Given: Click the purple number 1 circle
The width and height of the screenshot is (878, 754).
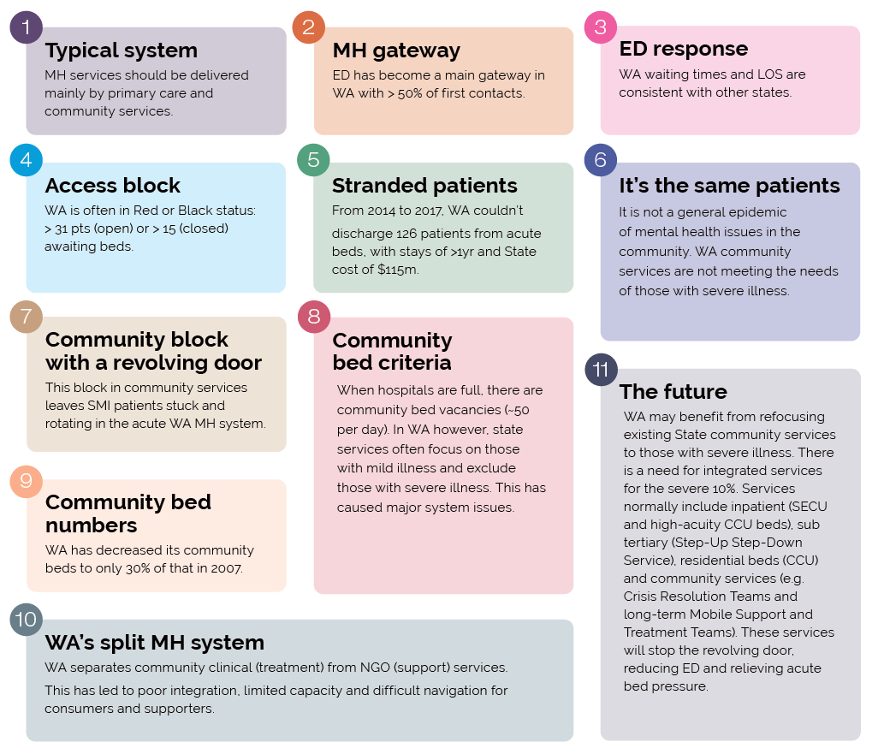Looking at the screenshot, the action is coord(27,27).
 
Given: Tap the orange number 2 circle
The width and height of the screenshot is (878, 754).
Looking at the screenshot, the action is coord(309,27).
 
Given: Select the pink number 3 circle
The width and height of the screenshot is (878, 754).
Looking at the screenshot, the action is coord(600,27).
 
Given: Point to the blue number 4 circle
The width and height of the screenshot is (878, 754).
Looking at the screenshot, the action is coord(27,160).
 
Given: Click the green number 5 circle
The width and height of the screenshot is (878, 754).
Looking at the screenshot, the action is coord(313,160).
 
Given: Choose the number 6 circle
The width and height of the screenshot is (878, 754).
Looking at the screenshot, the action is coord(600,160).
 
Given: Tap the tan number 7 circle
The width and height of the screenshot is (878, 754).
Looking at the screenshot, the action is coord(27,316).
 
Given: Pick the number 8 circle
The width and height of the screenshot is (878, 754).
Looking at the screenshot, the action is coord(314,317).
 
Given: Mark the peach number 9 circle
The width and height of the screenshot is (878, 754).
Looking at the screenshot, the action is coord(27,481).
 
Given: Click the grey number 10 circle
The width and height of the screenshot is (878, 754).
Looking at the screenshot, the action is coord(27,619).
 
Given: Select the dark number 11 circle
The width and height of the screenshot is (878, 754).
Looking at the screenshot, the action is coord(601,370).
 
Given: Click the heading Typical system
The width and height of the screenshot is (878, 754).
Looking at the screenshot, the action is coord(122,51).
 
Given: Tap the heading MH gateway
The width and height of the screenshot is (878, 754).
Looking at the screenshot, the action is coord(396,51).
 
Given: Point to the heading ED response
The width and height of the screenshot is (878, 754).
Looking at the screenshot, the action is coord(684,50).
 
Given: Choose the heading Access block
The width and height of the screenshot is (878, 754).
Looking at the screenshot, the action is coord(113,186).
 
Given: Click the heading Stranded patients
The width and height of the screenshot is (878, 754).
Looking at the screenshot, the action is coord(424,186).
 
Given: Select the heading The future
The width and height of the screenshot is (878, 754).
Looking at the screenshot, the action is coord(673,392).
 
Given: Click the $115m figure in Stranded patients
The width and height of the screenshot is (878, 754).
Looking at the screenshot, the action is coord(397,270).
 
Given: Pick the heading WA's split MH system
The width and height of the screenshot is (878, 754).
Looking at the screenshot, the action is coord(155,643).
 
